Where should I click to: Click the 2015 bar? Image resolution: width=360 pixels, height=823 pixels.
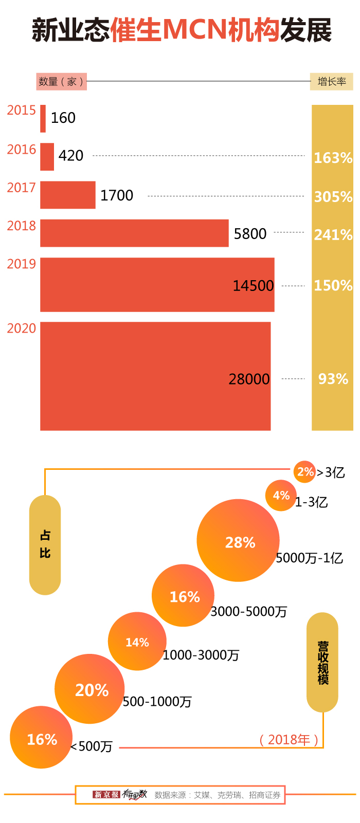point(43,119)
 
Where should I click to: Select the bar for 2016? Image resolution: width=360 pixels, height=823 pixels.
point(47,157)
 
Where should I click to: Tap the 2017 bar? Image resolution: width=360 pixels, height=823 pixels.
point(68,195)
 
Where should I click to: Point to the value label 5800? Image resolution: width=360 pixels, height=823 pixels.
point(250,234)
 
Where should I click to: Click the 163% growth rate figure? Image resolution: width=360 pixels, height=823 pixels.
point(333,158)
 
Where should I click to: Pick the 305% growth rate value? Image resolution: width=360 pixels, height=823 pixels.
point(333,196)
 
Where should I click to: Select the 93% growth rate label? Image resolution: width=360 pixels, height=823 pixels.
point(333,379)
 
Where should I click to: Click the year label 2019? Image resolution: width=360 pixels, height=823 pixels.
point(22,264)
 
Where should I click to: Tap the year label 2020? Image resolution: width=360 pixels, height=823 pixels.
point(22,328)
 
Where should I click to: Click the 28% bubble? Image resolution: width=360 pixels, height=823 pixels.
point(238,541)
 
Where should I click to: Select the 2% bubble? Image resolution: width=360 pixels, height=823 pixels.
point(304,472)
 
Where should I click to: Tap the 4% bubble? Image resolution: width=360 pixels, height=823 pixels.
point(281,496)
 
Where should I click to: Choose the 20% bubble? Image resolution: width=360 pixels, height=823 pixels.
point(90,689)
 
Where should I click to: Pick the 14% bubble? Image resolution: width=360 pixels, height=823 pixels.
point(137,642)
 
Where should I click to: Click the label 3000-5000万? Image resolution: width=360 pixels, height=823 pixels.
point(249,612)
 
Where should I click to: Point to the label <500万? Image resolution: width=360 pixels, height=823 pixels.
point(92,746)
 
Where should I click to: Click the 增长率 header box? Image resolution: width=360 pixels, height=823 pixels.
point(331,81)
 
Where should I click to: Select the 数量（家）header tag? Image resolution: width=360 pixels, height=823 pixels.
point(62,81)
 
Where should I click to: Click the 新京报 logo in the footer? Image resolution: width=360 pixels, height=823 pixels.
point(106,795)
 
